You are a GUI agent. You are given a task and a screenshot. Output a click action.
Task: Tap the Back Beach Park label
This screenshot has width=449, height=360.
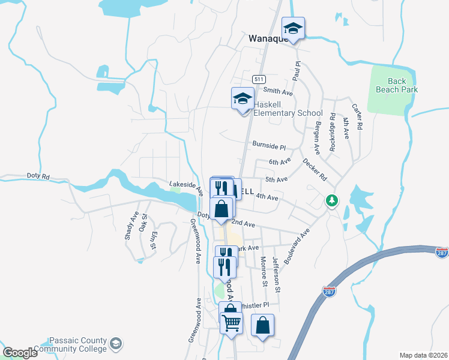397,85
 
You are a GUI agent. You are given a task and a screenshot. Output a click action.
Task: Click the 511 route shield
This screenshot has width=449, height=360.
259,79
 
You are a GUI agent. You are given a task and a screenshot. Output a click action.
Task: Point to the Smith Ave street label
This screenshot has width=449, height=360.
278,92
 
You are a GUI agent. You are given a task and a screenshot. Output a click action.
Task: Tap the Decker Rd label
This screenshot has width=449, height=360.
315,170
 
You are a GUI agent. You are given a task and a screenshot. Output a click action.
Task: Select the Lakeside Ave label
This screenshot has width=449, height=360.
185,187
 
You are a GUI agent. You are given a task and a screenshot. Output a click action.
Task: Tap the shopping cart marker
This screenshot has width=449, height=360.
231,323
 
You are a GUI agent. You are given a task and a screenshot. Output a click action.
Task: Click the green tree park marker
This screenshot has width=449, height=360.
331,201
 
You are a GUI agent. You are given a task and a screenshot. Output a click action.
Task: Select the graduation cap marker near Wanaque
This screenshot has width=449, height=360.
293,29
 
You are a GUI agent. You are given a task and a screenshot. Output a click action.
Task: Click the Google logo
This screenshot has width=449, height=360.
20,353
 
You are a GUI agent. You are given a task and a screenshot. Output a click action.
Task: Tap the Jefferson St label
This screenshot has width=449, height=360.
277,275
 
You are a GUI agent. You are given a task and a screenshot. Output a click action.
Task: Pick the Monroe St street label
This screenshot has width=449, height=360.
264,271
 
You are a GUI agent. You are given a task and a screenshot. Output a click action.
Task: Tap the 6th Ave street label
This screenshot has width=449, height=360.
280,162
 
